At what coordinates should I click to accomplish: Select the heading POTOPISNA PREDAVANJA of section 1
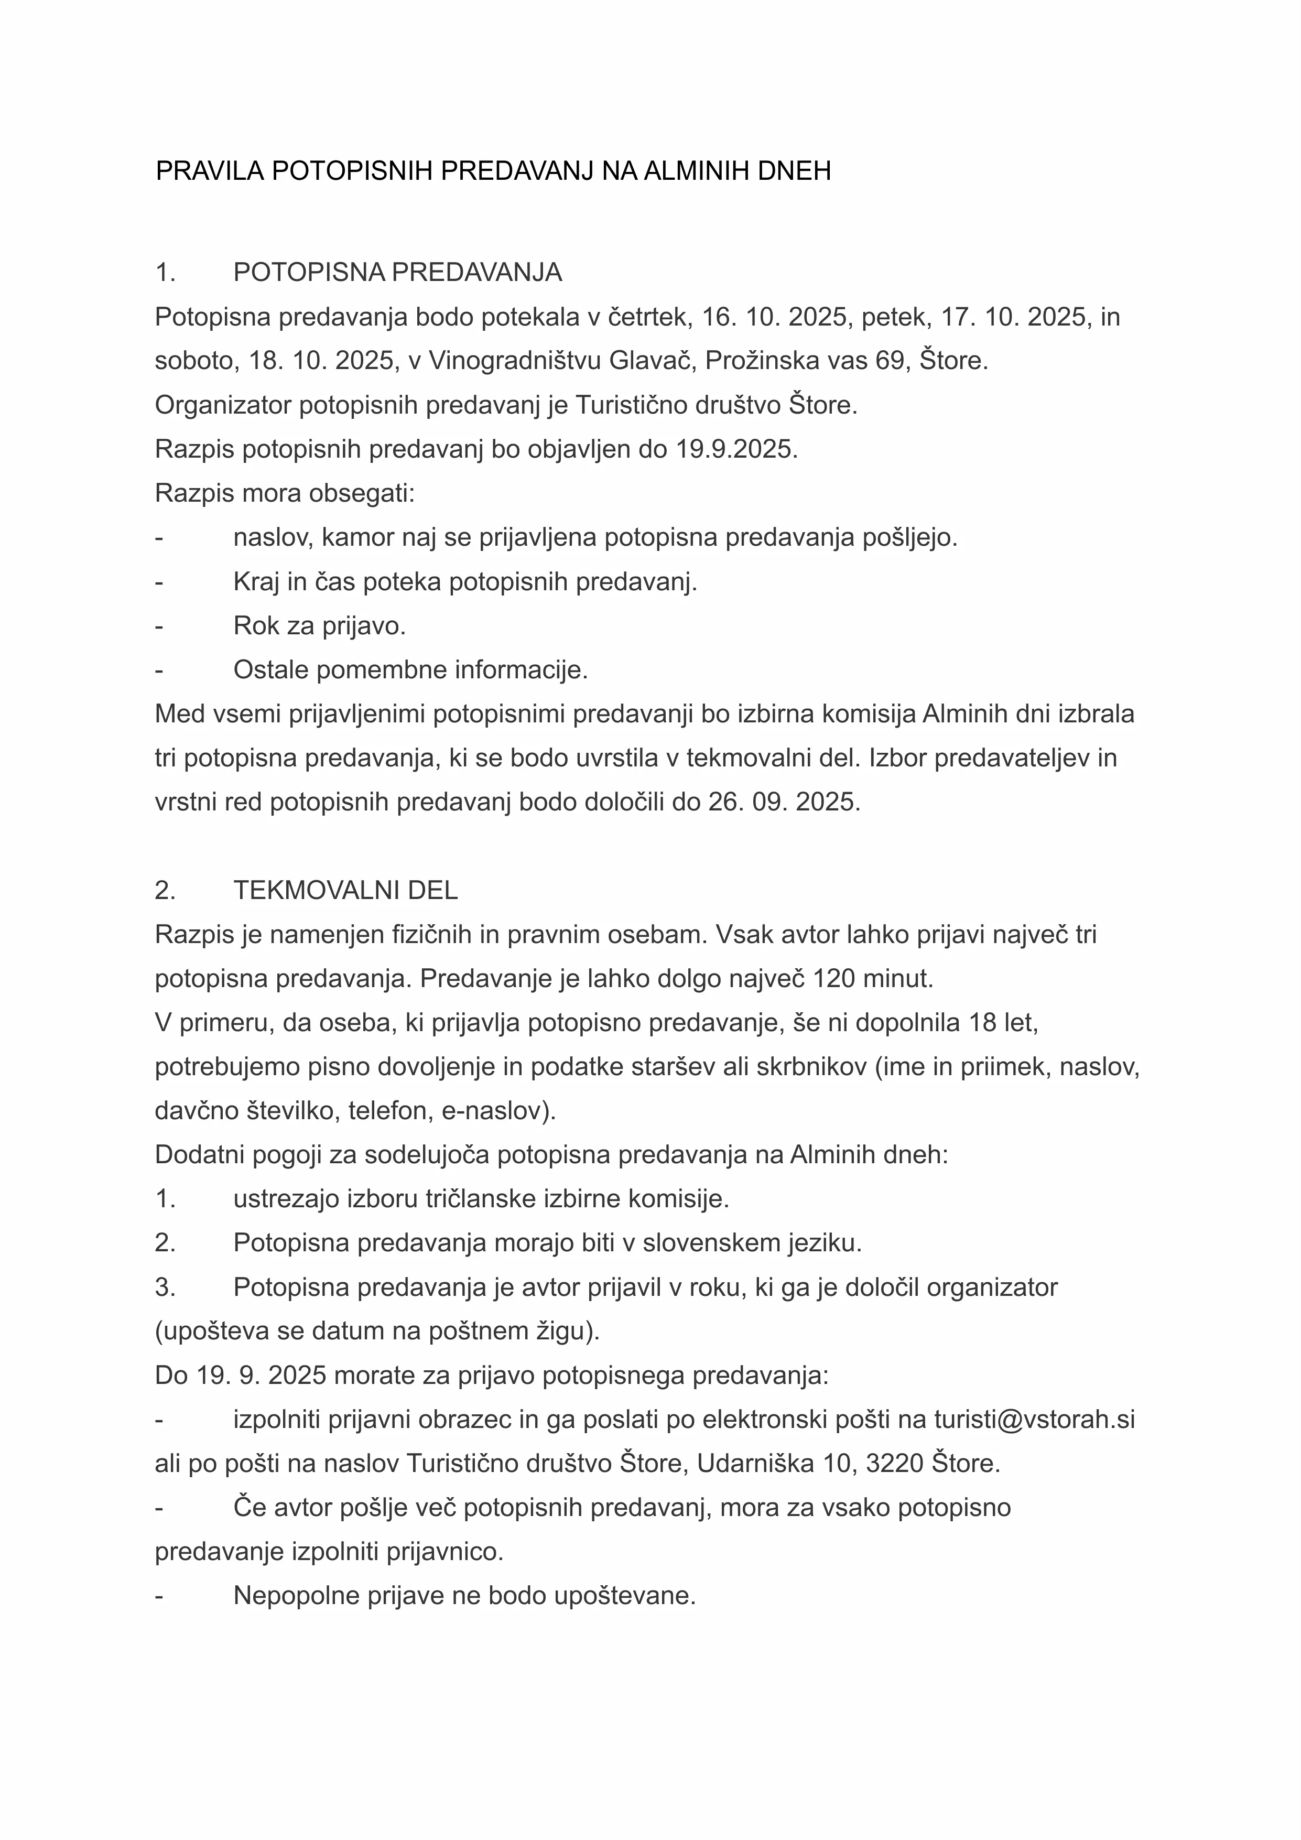pos(397,273)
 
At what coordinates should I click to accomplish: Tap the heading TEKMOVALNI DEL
pos(345,890)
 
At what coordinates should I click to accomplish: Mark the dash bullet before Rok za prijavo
pos(159,626)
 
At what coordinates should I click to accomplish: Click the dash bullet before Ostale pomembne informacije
pos(159,670)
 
